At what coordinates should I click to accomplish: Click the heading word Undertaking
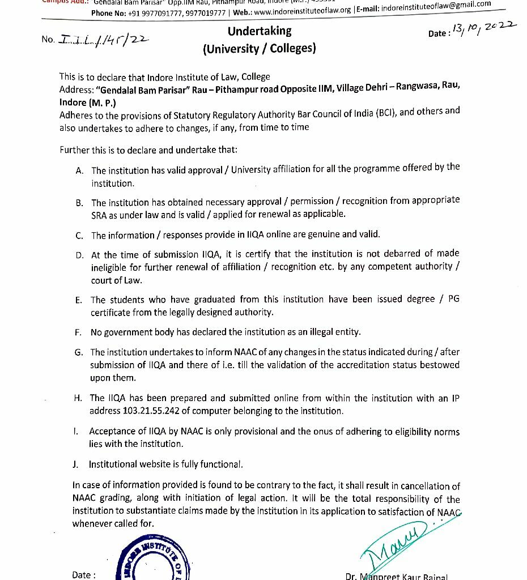[260, 31]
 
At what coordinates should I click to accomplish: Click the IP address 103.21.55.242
[155, 411]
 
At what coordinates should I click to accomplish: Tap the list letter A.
[79, 170]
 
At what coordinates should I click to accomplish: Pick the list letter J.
[75, 464]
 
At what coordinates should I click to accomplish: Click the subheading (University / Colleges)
[259, 49]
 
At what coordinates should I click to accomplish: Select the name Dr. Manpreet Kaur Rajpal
[396, 576]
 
